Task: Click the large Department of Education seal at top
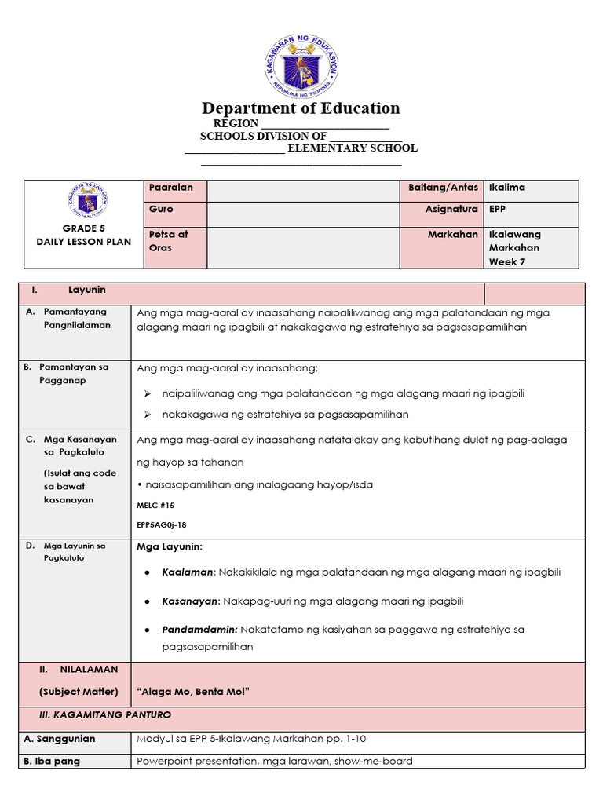tap(301, 66)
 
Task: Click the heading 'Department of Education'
tap(301, 108)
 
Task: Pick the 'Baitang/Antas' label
tap(443, 188)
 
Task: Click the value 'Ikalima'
tap(507, 188)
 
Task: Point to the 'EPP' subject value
tap(498, 210)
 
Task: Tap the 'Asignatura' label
tap(451, 210)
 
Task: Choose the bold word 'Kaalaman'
tap(188, 572)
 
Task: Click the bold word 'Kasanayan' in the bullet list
tap(190, 601)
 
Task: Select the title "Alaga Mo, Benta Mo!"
tap(193, 692)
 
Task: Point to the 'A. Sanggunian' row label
tap(60, 739)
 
